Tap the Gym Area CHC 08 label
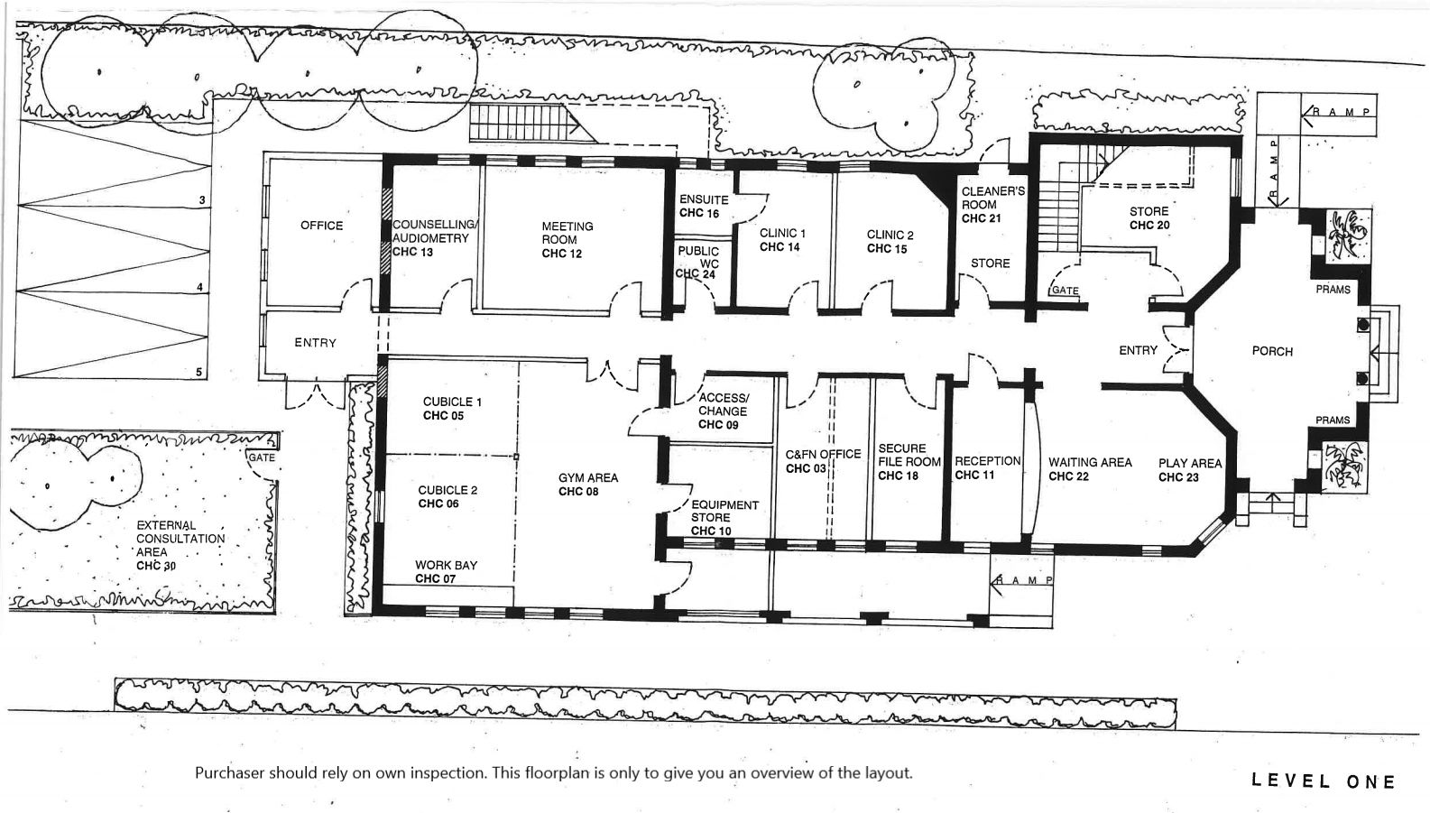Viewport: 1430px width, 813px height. point(588,484)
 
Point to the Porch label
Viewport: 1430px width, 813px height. point(1272,351)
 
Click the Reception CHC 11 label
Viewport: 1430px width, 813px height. point(988,467)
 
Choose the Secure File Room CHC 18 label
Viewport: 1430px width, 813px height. point(909,462)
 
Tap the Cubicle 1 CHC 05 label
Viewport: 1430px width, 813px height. point(452,409)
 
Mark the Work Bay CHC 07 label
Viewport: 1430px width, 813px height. point(446,571)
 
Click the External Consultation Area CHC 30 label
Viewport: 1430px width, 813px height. point(180,545)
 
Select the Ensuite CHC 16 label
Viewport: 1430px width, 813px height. point(704,207)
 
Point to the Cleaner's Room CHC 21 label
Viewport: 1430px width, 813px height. point(993,204)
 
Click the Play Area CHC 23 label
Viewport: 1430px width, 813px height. point(1190,470)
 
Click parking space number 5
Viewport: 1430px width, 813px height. point(198,372)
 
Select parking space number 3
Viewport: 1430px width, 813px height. point(202,200)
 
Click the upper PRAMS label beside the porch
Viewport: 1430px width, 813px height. point(1333,290)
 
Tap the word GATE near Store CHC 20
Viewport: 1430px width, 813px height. point(1065,290)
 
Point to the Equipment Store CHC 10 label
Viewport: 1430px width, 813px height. point(724,518)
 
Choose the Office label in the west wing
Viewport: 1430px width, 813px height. point(322,226)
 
